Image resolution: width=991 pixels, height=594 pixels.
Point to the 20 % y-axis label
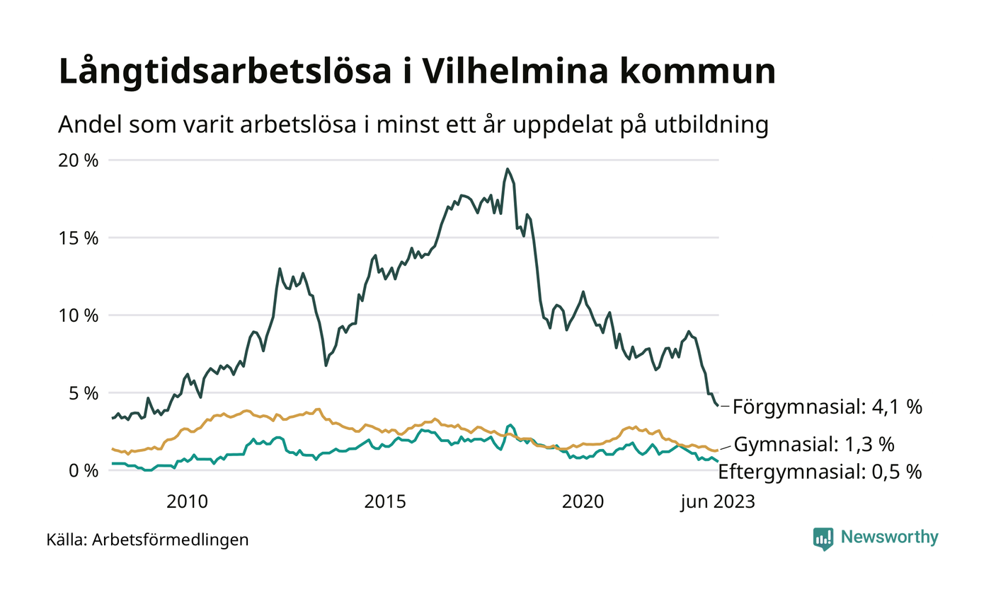79,161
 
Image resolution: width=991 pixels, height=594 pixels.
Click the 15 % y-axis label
79,238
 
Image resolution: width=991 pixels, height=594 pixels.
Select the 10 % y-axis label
79,315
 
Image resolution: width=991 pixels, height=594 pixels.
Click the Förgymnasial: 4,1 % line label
827,407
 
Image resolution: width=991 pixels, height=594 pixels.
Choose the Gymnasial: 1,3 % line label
814,445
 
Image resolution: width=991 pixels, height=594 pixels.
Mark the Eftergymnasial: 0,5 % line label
820,472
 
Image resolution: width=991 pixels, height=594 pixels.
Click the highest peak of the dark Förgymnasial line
508,169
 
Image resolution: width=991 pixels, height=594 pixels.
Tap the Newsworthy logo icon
823,539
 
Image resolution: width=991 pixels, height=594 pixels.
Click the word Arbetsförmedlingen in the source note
171,540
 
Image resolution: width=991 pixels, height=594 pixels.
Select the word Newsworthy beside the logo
890,537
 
